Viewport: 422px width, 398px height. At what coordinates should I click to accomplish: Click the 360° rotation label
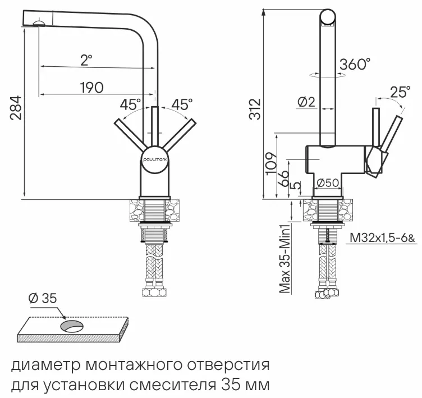[355, 65]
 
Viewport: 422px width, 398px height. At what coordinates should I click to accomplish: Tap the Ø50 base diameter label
[327, 183]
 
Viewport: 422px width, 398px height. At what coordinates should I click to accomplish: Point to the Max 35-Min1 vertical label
[285, 259]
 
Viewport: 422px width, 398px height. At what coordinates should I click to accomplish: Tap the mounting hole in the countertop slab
[72, 326]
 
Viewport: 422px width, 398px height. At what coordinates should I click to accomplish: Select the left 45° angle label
[130, 104]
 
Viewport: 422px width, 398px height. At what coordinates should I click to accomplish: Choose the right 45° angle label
[181, 104]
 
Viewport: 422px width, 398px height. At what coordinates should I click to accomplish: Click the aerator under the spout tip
[39, 23]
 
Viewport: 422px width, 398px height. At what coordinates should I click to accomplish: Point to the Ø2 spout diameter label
[306, 102]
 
